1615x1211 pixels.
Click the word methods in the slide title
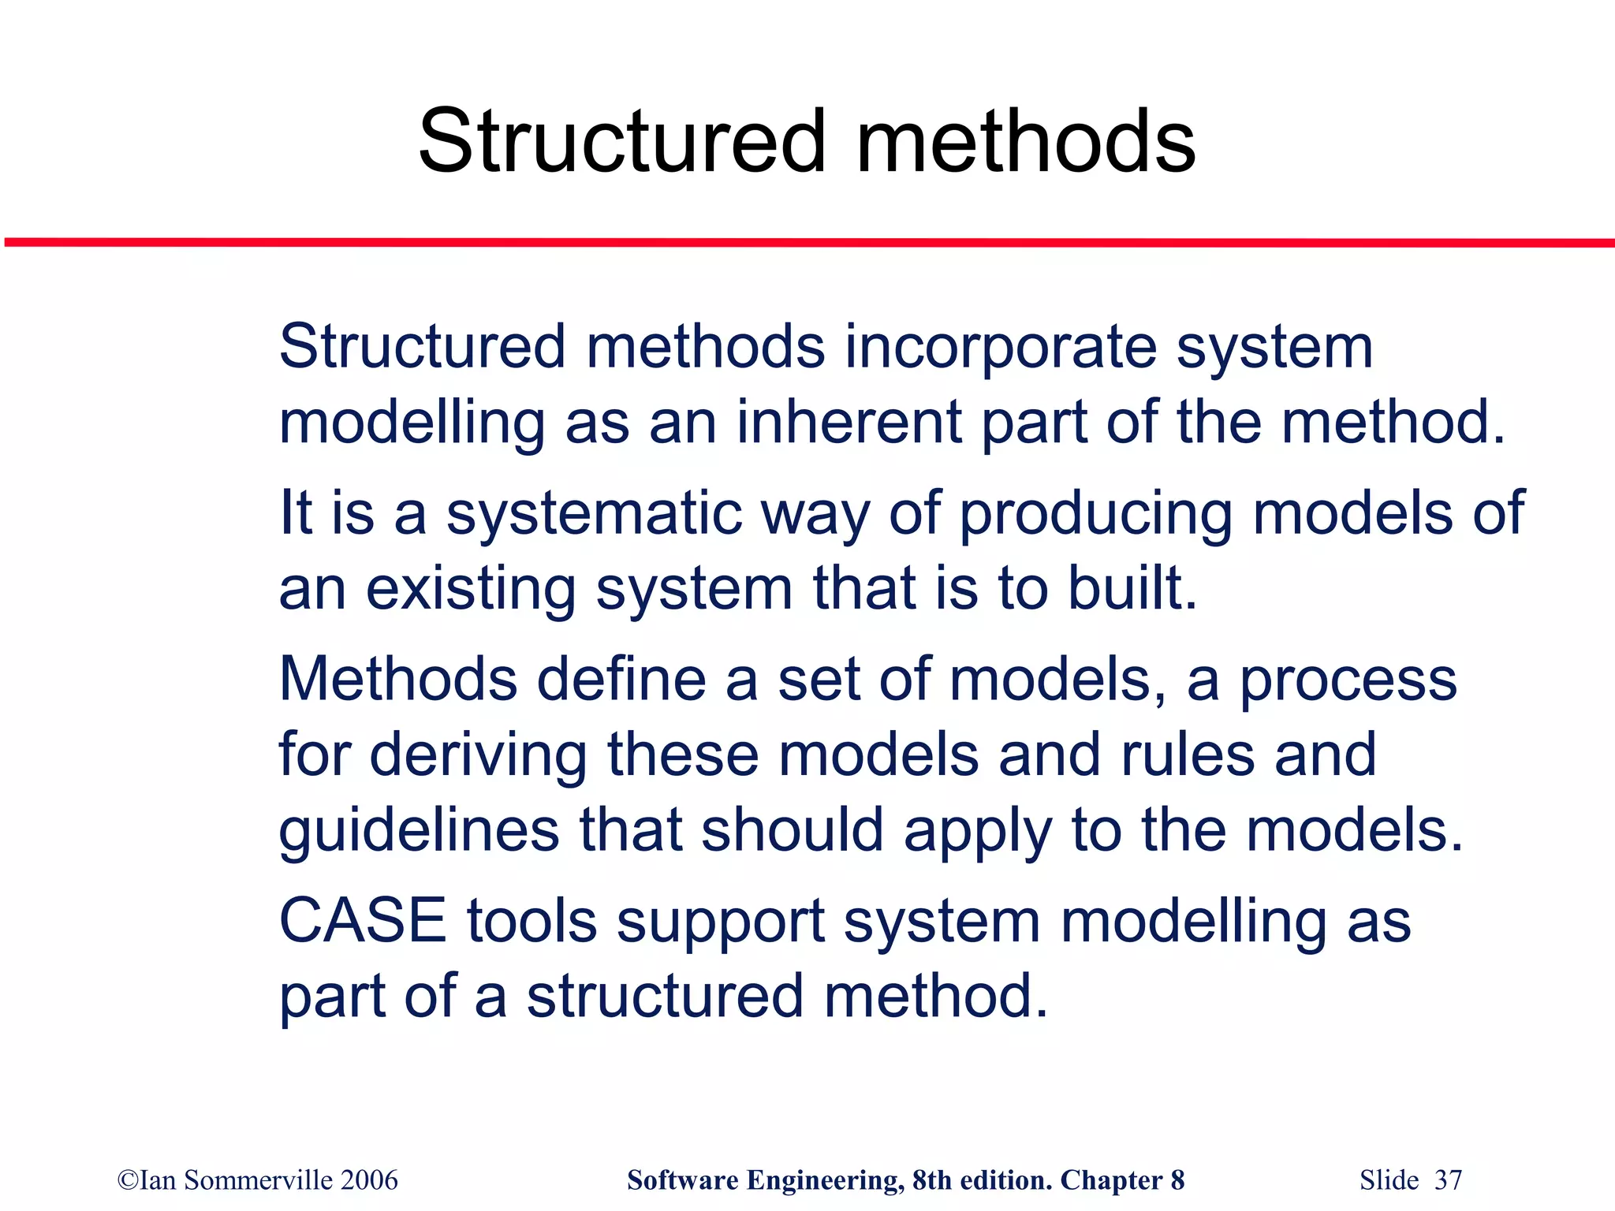1025,142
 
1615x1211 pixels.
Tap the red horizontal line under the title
807,243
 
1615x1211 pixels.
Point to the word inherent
849,423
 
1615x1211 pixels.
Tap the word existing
470,589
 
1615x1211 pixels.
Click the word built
1132,589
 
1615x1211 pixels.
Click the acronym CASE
363,921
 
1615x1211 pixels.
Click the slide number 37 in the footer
1448,1180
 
